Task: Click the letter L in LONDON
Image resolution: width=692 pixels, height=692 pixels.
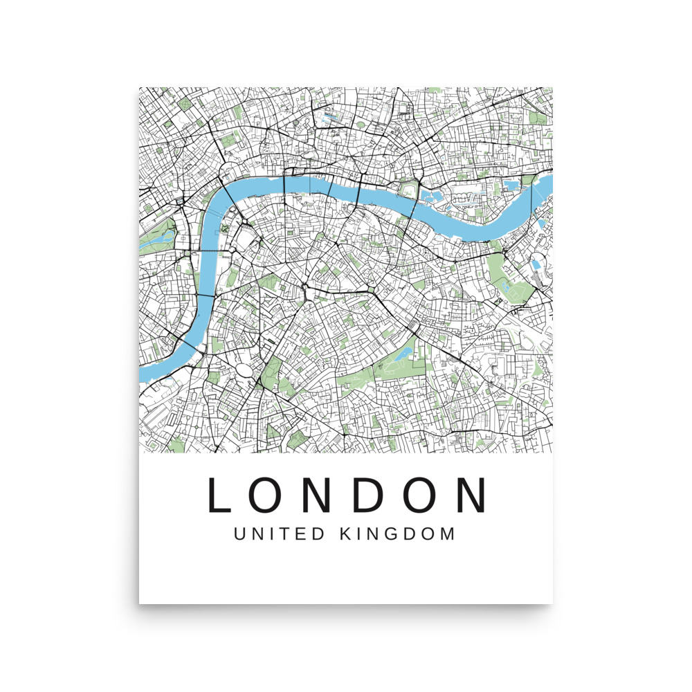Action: click(x=219, y=495)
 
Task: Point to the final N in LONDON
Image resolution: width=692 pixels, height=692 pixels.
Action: click(x=469, y=495)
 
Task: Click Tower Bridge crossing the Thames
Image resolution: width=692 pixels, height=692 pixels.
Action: click(x=415, y=201)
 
